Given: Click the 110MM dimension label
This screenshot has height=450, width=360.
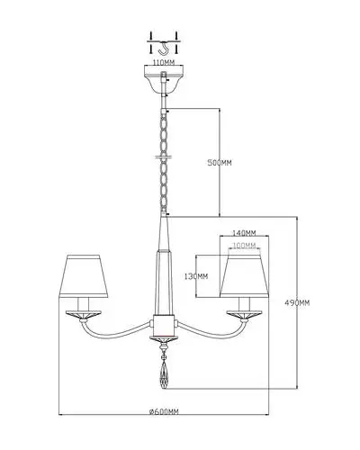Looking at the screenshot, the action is (164, 63).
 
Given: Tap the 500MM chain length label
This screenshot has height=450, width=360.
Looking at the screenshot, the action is (220, 163).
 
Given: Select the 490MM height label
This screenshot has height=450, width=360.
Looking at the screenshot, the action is (297, 303).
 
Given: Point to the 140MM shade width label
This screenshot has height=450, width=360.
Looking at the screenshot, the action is (244, 232).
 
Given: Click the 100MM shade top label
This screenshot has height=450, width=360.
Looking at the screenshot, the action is (244, 246).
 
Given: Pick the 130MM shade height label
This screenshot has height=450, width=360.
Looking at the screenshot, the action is (196, 276).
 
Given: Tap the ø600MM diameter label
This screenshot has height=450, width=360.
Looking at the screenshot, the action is (164, 411).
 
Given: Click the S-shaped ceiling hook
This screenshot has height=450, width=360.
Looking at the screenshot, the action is (164, 48).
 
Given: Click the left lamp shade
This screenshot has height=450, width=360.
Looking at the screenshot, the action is (84, 276).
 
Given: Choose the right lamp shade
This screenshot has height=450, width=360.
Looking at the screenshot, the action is (244, 276).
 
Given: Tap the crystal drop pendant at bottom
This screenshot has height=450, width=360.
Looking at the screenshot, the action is (164, 374).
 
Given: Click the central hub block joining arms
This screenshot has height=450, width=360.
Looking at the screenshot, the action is (164, 326).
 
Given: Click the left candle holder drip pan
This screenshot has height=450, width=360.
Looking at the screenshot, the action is (84, 314).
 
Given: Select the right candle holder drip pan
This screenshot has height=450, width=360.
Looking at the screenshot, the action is (244, 314).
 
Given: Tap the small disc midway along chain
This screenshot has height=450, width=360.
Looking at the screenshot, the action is (164, 157).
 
